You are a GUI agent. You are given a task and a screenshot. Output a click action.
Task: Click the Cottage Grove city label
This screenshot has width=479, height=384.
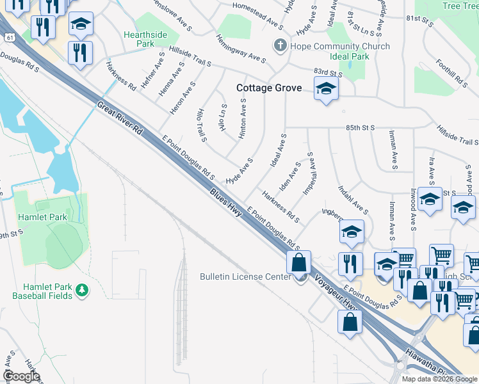pos(268,88)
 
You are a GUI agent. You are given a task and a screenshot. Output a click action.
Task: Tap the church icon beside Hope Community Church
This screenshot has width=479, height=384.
pos(279,46)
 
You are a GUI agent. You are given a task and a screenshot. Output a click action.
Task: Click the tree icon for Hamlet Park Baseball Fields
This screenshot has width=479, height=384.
pos(81,291)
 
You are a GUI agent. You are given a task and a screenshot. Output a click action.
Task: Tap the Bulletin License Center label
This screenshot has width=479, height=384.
pos(247,276)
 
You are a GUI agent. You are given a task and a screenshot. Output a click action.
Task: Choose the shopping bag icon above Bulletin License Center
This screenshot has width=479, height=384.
pos(299,262)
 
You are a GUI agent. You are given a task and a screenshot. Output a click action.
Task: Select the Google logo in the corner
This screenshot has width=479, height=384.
pos(21,376)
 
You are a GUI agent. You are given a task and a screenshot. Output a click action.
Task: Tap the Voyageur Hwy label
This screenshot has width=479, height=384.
pos(334,295)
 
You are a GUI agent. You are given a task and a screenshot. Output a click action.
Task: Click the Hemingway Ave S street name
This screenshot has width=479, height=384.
pos(236,51)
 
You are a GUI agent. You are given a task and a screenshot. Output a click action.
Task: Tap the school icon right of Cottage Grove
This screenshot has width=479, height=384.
pos(325,90)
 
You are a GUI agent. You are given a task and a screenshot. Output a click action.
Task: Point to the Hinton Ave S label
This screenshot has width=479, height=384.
pos(243,119)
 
